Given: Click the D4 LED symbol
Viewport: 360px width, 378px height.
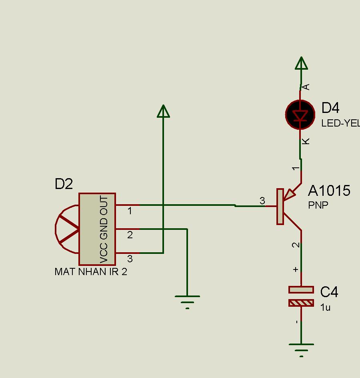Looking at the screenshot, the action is click(x=300, y=115).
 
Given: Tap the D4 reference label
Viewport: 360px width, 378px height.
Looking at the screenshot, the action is click(x=330, y=108).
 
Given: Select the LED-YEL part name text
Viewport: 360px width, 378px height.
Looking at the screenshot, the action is click(x=341, y=123).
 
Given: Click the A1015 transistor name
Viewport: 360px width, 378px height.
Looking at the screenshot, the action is click(x=329, y=191).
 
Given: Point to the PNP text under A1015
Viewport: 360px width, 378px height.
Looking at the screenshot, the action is click(x=318, y=205).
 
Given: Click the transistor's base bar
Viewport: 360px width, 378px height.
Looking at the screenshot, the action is click(x=280, y=207).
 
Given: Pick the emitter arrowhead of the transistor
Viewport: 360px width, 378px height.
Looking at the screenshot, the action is click(x=290, y=195).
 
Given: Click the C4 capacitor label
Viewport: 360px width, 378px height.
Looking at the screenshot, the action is click(x=329, y=292).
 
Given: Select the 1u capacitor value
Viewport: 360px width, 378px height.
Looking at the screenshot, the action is click(x=325, y=308).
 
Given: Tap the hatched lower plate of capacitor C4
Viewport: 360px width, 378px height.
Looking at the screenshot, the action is click(x=301, y=303).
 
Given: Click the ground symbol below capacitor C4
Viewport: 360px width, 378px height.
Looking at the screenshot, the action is click(x=301, y=350).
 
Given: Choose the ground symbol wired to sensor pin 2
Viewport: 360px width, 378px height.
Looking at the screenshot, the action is click(x=187, y=302).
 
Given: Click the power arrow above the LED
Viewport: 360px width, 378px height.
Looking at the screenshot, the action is click(x=301, y=63).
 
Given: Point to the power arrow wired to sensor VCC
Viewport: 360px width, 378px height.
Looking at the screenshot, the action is click(x=163, y=111).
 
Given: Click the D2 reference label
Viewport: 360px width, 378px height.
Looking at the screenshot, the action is click(x=64, y=184).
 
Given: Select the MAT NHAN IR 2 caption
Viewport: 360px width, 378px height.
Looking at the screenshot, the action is click(x=91, y=271).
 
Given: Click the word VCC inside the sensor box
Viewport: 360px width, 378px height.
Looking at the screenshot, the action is click(x=104, y=253).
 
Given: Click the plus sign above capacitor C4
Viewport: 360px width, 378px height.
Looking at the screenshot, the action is click(x=296, y=269).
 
